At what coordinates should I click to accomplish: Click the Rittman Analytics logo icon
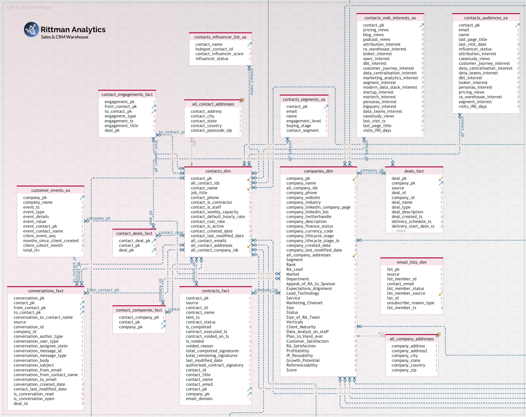pos(32,30)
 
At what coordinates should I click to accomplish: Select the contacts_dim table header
pos(218,171)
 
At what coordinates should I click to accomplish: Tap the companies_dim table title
pos(318,171)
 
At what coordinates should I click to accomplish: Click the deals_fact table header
pos(414,171)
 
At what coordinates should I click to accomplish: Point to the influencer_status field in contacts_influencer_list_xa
pos(212,59)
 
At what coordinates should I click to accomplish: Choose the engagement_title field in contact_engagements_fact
pos(121,126)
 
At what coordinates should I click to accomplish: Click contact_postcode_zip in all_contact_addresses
pos(211,130)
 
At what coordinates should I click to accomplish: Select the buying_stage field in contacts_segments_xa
pos(298,126)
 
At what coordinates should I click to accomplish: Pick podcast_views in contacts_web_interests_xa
pos(376,39)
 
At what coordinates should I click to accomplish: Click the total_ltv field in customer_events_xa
pos(31,250)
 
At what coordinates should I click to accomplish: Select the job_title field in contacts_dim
pos(199,193)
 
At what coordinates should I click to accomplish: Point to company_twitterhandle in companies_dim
pos(308,217)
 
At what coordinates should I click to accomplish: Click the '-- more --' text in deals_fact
pos(401,231)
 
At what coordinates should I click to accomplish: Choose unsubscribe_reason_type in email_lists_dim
pos(410,303)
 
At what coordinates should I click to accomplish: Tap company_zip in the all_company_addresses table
pos(404,370)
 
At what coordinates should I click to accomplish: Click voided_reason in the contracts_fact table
pos(199,346)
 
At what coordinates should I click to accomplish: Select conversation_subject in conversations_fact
pos(33,365)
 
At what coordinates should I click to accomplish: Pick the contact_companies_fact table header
pos(139,310)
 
